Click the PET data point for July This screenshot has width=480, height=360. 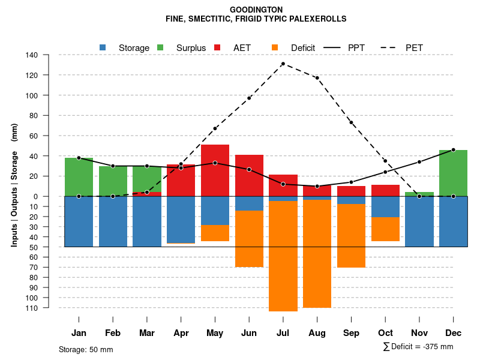pos(283,64)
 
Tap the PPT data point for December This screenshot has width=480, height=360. pos(453,150)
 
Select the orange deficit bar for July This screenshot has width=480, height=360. pos(283,256)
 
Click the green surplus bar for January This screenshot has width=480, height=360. pos(79,177)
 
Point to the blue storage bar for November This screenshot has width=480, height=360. pos(419,221)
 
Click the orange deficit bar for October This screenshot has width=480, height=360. pos(385,229)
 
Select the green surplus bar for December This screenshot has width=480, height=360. pos(453,173)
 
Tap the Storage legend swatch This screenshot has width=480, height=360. pos(103,47)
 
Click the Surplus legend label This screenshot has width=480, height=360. pos(191,48)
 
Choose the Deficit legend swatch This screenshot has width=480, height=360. pos(275,47)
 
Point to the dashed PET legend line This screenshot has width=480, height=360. pos(389,47)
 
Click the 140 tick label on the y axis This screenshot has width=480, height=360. pos(49,55)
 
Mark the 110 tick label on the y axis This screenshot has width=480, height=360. pos(49,308)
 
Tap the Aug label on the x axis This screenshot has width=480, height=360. pos(317,333)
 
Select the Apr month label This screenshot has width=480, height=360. pos(181,333)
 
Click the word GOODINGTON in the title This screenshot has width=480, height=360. pos(256,10)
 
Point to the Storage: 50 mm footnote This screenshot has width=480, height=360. pos(86,349)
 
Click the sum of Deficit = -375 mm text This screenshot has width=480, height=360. pos(418,347)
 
